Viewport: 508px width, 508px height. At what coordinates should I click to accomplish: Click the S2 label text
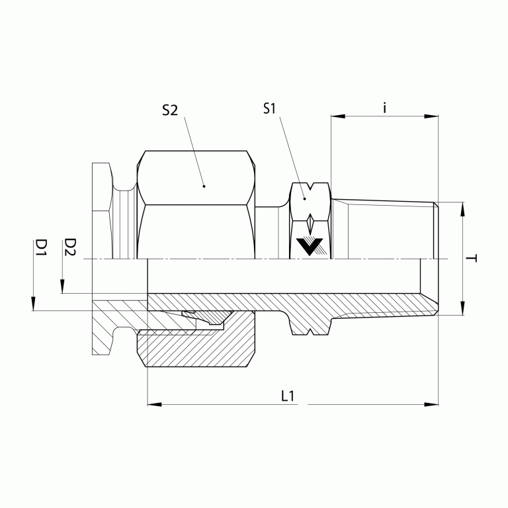point(170,110)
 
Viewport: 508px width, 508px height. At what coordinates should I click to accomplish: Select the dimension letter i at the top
point(385,107)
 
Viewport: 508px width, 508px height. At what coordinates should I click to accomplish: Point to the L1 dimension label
point(287,396)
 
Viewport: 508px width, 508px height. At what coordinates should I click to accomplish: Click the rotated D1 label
point(41,248)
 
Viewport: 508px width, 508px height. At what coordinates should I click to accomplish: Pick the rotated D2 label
point(70,248)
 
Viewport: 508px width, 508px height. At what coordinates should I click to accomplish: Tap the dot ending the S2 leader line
point(204,187)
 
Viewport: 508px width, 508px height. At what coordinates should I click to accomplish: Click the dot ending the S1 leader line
point(305,198)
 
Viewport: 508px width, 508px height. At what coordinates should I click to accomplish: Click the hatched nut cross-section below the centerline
point(198,347)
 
